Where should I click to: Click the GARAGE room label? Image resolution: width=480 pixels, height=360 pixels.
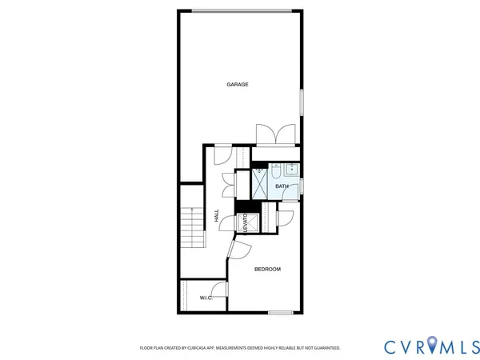(237, 84)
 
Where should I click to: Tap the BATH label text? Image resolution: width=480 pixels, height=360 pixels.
(282, 186)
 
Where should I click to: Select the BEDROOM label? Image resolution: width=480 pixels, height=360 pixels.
(267, 270)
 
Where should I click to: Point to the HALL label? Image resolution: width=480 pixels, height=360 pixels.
(217, 215)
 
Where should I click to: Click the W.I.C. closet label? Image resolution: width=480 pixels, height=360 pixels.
(205, 298)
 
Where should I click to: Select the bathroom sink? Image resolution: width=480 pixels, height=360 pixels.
(291, 170)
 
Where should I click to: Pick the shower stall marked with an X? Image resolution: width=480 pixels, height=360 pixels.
(261, 184)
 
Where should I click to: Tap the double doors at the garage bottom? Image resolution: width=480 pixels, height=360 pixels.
(275, 134)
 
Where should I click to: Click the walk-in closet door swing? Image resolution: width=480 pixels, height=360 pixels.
(218, 292)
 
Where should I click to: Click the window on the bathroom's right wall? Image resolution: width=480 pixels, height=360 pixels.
(302, 185)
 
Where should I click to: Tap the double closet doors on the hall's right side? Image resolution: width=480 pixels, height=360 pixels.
(229, 186)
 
